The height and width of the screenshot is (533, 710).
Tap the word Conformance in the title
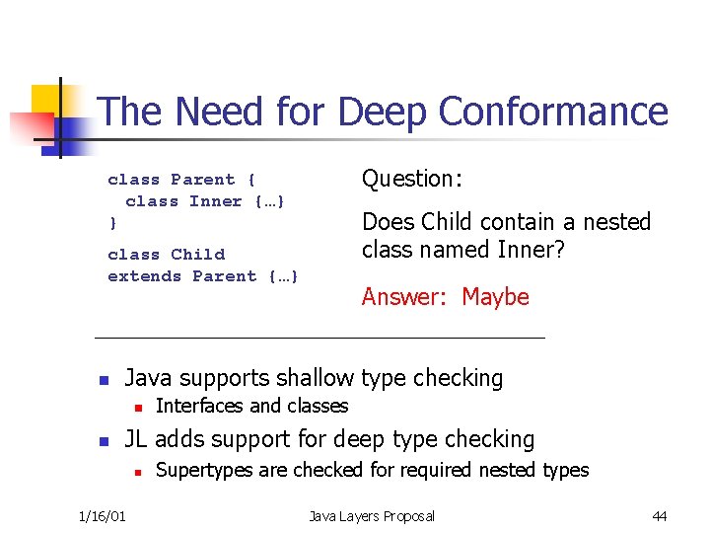tap(553, 112)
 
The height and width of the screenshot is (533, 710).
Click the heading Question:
tap(412, 179)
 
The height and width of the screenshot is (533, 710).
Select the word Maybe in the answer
tap(495, 297)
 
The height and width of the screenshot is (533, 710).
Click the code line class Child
tap(166, 255)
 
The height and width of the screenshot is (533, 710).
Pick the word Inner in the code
tap(215, 201)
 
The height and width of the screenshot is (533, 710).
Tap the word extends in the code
tap(144, 276)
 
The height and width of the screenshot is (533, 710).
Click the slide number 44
tap(660, 516)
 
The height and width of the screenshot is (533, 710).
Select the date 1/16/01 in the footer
tap(102, 516)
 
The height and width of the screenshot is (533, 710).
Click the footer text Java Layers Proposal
tap(372, 516)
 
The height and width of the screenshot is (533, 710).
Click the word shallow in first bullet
tap(315, 378)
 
